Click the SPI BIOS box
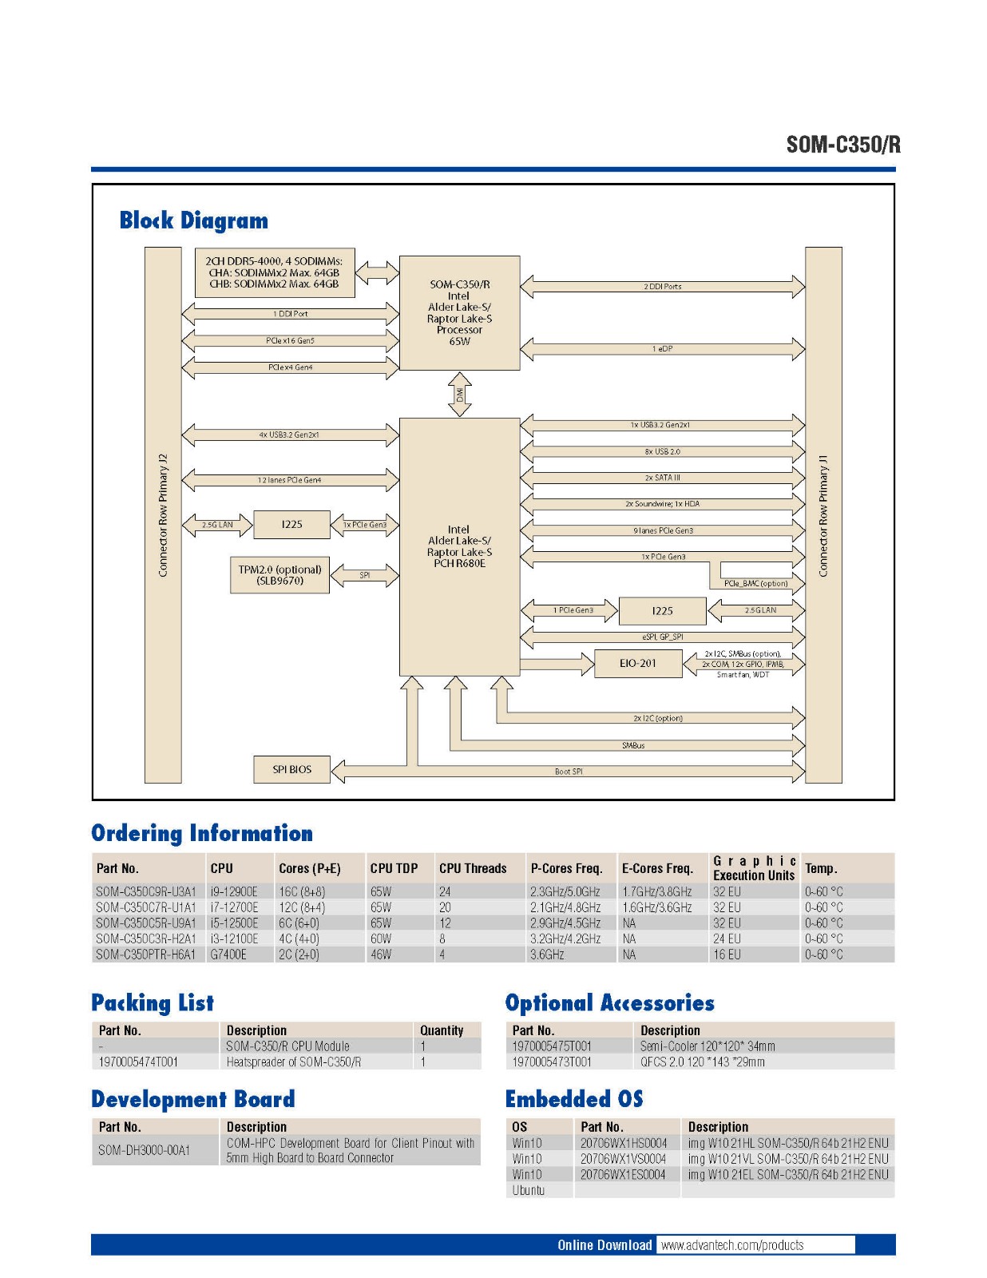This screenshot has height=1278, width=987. [x=291, y=769]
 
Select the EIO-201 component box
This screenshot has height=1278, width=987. [x=638, y=663]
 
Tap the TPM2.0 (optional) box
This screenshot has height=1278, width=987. [x=279, y=575]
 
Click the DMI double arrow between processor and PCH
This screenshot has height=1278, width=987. [x=459, y=395]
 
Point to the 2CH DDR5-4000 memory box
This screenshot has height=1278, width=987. [x=274, y=272]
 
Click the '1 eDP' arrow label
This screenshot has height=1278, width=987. [x=662, y=348]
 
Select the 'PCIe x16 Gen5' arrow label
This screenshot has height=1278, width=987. [x=290, y=341]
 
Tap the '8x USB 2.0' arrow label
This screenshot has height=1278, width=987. [x=662, y=451]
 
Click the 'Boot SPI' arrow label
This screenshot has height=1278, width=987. [x=569, y=772]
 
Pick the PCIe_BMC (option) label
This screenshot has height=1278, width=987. [x=755, y=583]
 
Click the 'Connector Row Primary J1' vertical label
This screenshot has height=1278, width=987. [x=823, y=515]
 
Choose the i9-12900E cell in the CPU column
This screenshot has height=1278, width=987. [x=234, y=891]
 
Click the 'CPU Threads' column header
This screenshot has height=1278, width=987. [x=473, y=868]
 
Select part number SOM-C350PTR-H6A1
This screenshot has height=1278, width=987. [x=145, y=955]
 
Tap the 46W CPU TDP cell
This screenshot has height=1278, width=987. [x=381, y=955]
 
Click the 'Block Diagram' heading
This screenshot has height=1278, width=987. [x=194, y=220]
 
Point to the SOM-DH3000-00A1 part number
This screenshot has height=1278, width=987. [x=145, y=1150]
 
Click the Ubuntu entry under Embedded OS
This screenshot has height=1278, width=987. [x=528, y=1190]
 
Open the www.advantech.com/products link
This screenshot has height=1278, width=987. [x=732, y=1245]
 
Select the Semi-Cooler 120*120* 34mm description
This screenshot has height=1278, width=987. [x=708, y=1046]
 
